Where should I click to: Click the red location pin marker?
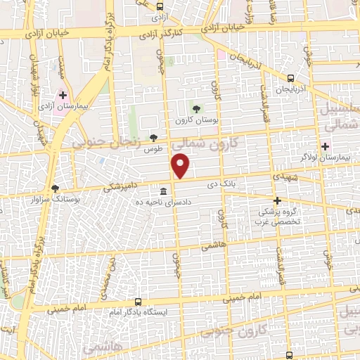[x=181, y=166]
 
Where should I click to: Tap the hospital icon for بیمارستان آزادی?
[x=63, y=94]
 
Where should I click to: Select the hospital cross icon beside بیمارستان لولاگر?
[x=325, y=146]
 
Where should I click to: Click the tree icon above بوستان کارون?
[x=196, y=108]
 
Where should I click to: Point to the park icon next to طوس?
[x=153, y=137]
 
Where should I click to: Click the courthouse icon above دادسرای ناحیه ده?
[x=163, y=191]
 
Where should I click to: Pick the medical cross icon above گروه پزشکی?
[x=277, y=200]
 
